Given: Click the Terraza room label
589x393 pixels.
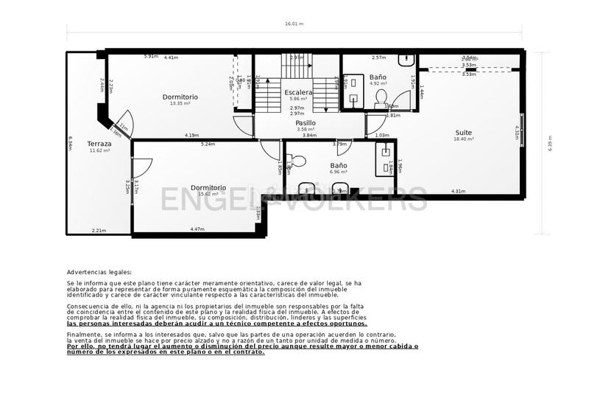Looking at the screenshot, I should coord(99,144).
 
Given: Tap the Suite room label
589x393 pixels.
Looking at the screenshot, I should coord(463,133).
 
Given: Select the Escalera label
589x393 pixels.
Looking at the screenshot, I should coord(299,92).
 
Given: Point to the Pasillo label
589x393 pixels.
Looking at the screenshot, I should coord(306,123).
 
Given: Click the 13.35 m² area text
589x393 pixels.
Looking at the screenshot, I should coord(180,103).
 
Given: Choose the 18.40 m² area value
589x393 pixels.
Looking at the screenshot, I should coord(463,139).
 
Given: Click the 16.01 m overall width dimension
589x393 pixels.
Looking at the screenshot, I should coord(294,24).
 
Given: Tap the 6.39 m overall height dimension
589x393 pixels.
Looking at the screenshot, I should coord(549,142).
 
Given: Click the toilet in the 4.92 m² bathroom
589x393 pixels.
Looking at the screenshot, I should coord(381,97).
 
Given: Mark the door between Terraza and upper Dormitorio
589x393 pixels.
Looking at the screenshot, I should coord(121,123).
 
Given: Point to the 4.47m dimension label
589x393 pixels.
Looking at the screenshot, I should coord(197,229).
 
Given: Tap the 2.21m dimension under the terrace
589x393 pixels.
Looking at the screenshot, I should coord(99,231).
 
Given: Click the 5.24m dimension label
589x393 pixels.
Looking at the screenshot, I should coord(208,144).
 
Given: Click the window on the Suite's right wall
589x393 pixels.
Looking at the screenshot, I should coord(523,131).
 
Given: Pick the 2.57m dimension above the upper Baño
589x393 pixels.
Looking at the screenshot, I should coord(379,58).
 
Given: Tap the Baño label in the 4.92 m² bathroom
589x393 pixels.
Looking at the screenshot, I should coord(378,77).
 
